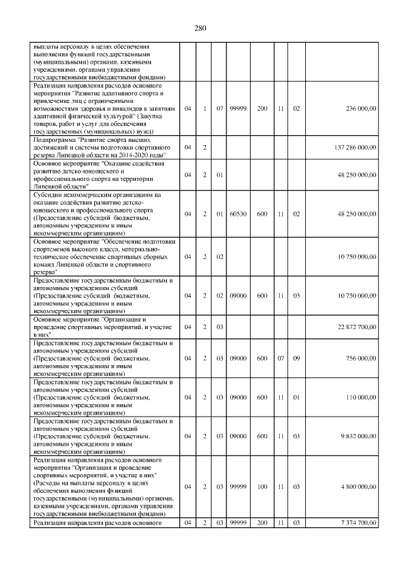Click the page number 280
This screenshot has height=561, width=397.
199,28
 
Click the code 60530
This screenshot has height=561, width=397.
238,214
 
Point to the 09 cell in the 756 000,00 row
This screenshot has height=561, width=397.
296,358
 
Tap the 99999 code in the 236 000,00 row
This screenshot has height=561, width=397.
238,108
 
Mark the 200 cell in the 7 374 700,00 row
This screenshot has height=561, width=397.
262,524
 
